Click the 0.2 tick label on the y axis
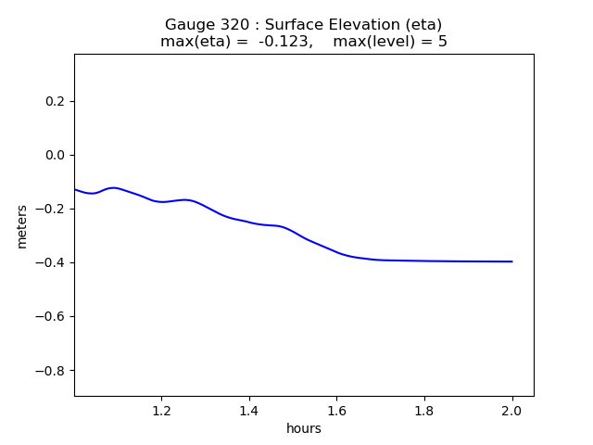[56, 101]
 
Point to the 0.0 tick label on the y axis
[56, 155]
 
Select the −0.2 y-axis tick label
[50, 209]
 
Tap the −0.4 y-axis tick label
[50, 262]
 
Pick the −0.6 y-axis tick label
[50, 316]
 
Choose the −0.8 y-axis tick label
[50, 370]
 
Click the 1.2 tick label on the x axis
[162, 411]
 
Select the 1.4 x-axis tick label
[249, 411]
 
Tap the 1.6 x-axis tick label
[336, 411]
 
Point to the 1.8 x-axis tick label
[424, 411]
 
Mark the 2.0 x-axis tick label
[512, 411]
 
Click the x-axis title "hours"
[304, 428]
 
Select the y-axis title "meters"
[22, 226]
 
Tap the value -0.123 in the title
[284, 41]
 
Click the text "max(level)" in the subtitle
[374, 41]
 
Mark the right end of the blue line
[512, 261]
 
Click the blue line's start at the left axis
[75, 189]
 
